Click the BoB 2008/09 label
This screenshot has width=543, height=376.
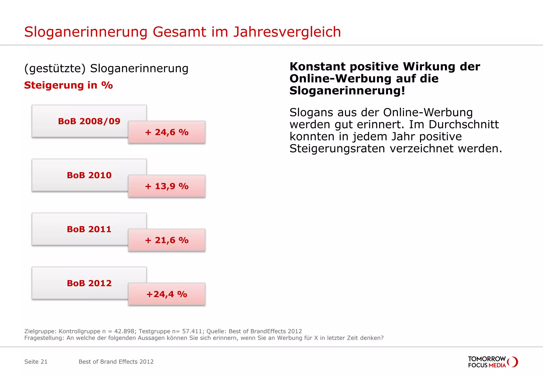click(89, 121)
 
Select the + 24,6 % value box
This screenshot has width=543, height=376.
click(167, 132)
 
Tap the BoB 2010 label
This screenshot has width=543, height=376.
click(89, 175)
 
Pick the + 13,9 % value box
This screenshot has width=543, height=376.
click(167, 186)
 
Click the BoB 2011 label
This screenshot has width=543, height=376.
click(89, 229)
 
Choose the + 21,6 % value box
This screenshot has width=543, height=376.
click(167, 240)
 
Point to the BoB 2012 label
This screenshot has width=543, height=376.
click(89, 283)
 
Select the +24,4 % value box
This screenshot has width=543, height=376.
click(167, 294)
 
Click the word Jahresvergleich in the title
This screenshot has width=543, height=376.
click(287, 32)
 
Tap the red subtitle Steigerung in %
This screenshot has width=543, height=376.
click(68, 85)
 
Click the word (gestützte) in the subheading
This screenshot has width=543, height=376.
click(55, 68)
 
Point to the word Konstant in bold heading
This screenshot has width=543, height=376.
click(317, 67)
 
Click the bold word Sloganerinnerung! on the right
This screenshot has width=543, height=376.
click(347, 91)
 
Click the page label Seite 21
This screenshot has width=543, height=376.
click(36, 362)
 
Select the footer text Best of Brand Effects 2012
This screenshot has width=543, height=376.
click(116, 362)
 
